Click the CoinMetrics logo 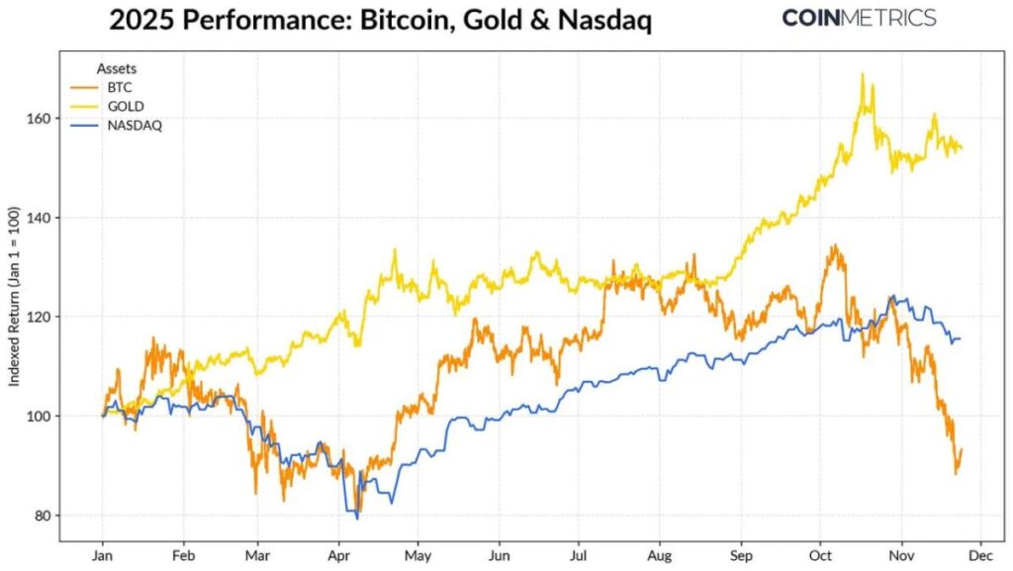click(859, 18)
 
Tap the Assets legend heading click(116, 68)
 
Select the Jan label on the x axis click(101, 557)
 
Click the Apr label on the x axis click(339, 557)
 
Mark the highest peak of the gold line click(862, 74)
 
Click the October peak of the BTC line click(835, 245)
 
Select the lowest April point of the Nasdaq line click(357, 518)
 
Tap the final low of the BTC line click(956, 473)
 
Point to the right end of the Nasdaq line click(960, 339)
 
